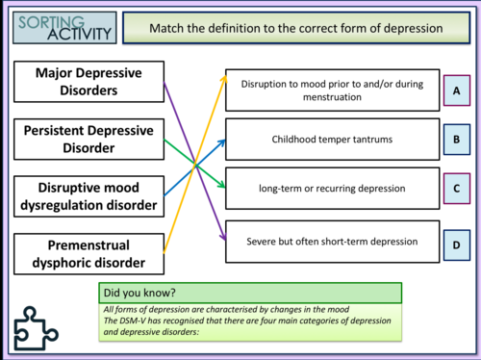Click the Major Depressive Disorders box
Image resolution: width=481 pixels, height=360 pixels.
pos(89,82)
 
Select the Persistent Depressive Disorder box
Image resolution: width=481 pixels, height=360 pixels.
pos(89,140)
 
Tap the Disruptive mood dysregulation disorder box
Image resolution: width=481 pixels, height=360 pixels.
pos(89,196)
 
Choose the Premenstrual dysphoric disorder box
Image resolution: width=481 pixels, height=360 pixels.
pos(89,254)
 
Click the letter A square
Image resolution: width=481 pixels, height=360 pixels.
pos(457,90)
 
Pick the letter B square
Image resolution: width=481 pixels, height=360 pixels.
pos(457,140)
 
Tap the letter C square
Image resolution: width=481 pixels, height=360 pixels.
pos(457,189)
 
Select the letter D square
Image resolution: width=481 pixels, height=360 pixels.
pos(457,245)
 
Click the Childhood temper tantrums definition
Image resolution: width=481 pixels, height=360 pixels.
pos(332,140)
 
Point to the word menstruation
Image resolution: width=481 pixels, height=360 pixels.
pos(332,97)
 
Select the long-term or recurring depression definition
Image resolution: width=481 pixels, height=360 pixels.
pos(332,189)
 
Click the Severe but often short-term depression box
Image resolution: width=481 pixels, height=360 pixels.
pos(332,242)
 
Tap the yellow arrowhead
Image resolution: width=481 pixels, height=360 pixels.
pos(224,79)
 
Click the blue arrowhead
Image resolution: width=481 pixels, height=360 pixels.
pos(222,142)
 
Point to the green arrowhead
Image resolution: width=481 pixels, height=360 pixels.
pos(221,185)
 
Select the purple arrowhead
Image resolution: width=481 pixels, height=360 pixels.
pos(223,237)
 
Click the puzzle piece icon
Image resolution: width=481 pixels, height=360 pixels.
pos(36,328)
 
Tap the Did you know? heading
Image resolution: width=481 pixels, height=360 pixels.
pos(139,293)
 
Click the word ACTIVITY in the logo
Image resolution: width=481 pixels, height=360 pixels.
pos(79,34)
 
